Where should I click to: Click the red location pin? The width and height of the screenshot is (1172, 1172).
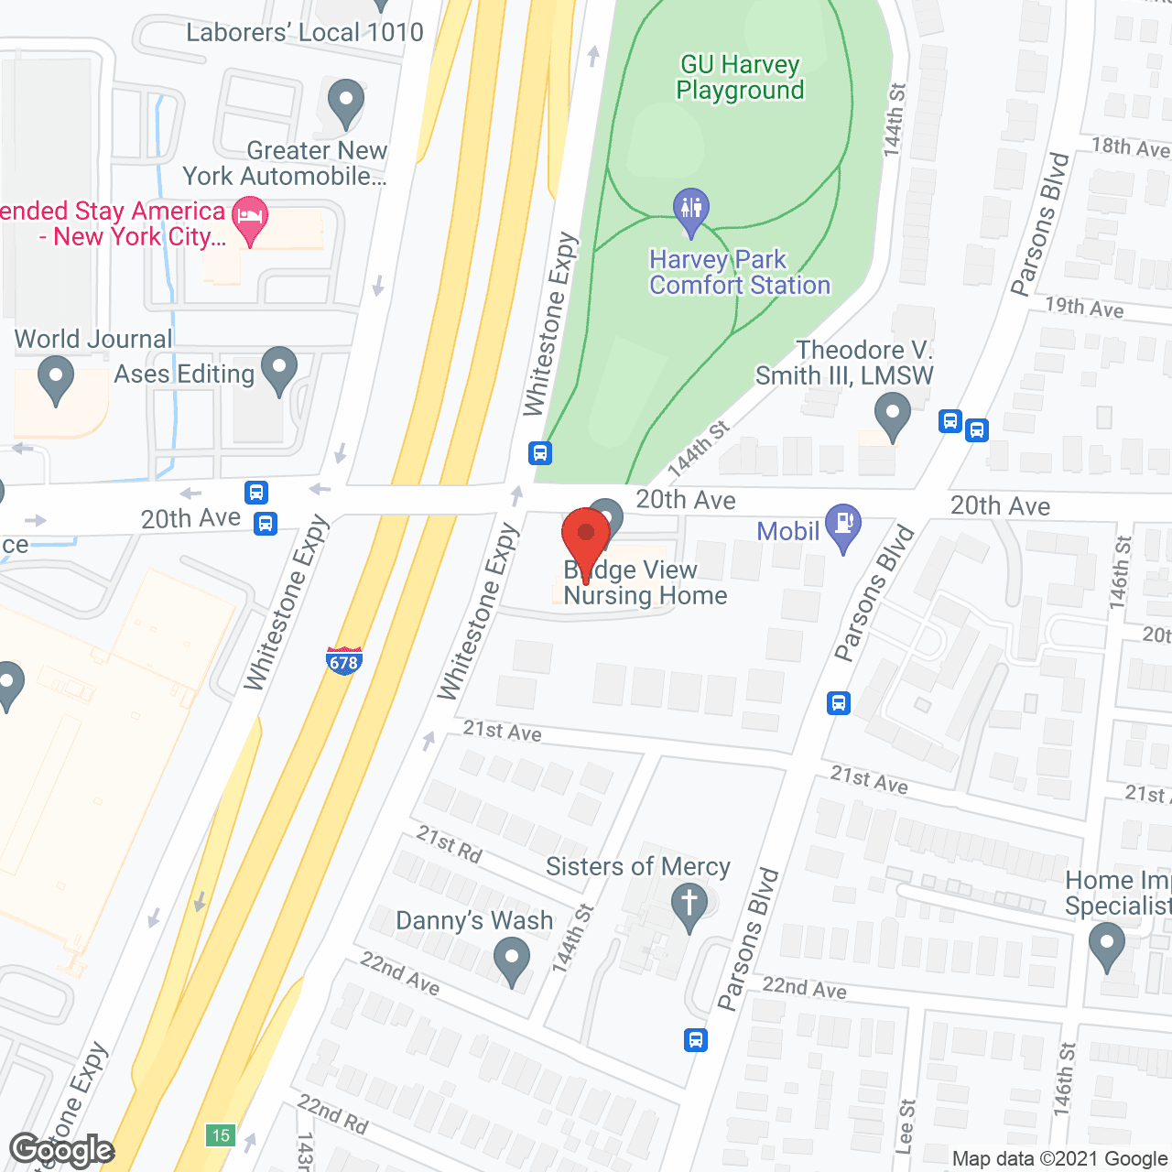point(586,536)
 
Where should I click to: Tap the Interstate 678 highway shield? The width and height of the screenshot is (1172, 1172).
point(343,661)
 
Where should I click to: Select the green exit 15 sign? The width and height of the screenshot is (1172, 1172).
point(221,1135)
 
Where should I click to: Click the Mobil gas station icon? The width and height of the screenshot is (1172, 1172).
point(842,525)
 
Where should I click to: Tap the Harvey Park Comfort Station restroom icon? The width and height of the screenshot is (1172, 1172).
point(691,211)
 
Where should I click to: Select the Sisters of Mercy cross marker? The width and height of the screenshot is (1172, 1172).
point(689,904)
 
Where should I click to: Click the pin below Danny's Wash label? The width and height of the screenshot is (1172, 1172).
point(511,962)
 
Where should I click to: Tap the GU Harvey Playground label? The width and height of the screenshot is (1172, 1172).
point(740,78)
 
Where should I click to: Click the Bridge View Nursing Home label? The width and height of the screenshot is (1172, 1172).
point(646,582)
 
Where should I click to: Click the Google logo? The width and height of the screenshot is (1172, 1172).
point(61,1150)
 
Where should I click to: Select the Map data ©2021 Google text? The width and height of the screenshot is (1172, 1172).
point(1059,1159)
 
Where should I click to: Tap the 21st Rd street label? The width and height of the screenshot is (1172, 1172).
point(449,843)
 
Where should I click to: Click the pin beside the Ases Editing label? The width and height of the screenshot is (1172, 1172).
point(279,369)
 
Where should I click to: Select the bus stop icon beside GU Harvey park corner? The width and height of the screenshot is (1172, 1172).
point(540,452)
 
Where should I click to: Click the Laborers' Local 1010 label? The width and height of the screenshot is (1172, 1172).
point(304,33)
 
